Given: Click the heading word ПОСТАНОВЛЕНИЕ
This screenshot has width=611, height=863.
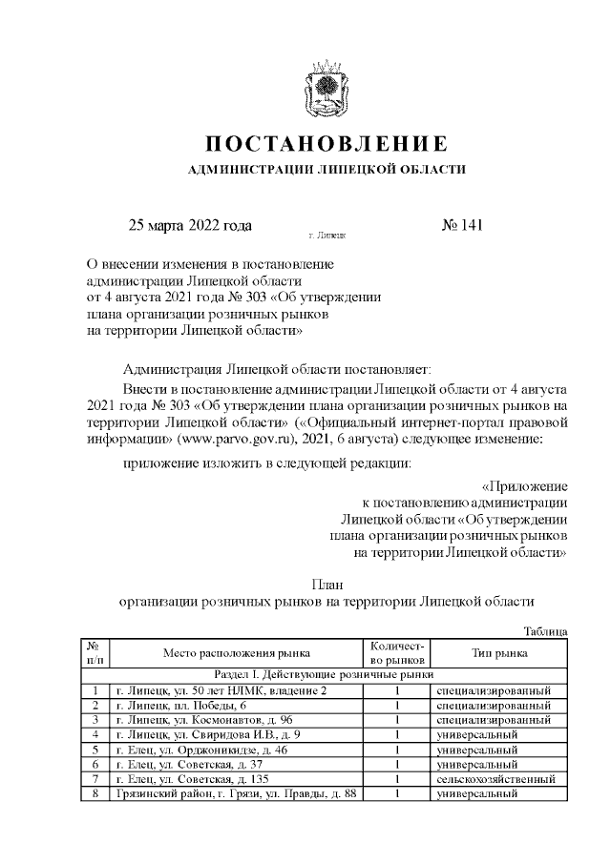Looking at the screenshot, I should coord(327,145).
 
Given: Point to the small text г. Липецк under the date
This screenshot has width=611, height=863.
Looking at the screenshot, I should coord(327,234).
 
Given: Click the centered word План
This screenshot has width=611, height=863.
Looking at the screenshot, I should coord(327,584).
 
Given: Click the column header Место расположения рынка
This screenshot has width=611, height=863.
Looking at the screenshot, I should coord(236,653).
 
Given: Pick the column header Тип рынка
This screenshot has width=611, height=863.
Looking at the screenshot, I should coord(500,653).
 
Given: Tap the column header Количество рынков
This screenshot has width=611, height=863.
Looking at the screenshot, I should coord(396,653).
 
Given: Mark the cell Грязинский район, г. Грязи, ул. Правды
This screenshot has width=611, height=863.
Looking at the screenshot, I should coord(235,794).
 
